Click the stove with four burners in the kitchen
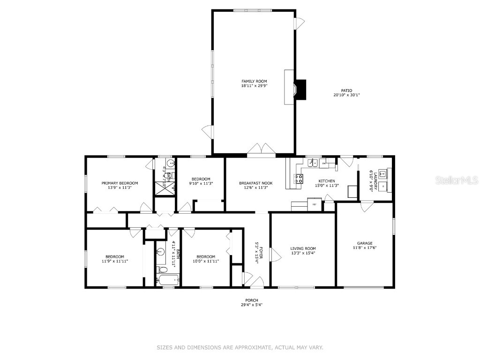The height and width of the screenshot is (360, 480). pyautogui.click(x=298, y=178)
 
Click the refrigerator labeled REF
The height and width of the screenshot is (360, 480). pyautogui.click(x=314, y=204)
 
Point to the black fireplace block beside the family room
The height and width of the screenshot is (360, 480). pyautogui.click(x=300, y=89)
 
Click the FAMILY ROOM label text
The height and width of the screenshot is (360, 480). pyautogui.click(x=254, y=81)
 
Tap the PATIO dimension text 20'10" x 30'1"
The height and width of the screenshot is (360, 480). pyautogui.click(x=346, y=95)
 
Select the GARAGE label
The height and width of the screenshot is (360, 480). pyautogui.click(x=365, y=243)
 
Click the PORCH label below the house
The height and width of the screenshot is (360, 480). pyautogui.click(x=252, y=300)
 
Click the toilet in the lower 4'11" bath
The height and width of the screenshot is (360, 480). pyautogui.click(x=162, y=270)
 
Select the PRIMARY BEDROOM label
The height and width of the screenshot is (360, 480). pyautogui.click(x=120, y=183)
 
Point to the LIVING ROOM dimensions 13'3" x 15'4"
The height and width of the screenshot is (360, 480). pyautogui.click(x=303, y=253)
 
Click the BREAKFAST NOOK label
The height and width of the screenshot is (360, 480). pyautogui.click(x=255, y=183)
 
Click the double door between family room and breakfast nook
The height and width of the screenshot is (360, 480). pyautogui.click(x=262, y=149)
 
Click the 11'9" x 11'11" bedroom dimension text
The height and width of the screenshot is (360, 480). pyautogui.click(x=115, y=261)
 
